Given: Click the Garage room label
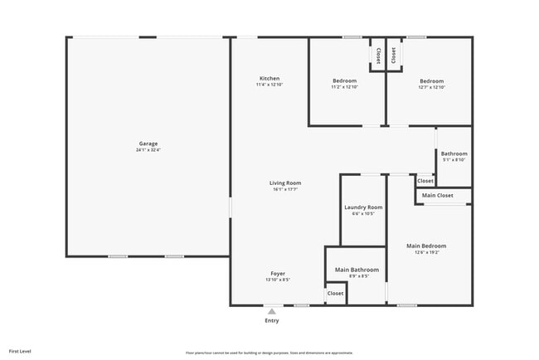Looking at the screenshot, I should coord(148,144).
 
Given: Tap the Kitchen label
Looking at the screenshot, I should coord(269,79).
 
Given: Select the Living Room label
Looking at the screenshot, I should coord(284,182).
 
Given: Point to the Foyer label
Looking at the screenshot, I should coord(278,273).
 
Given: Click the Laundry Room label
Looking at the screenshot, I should coord(363,207).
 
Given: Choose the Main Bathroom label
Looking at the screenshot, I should coord(357,270).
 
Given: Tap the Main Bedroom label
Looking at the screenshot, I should coord(426,246).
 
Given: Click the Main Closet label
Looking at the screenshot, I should coord(438,196).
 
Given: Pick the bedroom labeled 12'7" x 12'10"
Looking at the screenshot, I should coord(431,87).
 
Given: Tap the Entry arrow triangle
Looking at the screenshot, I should coord(271,312).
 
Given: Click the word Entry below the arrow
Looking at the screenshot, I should coord(271,320).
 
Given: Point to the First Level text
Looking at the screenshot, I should coord(20,351).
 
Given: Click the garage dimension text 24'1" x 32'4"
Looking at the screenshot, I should coord(148,150).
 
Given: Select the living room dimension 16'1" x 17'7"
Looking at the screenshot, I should coord(284,189).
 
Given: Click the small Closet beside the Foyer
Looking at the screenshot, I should coord(335,293).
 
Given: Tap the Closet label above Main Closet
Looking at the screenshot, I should coord(425,181).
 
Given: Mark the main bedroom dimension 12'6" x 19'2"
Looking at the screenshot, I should coord(426,252).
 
